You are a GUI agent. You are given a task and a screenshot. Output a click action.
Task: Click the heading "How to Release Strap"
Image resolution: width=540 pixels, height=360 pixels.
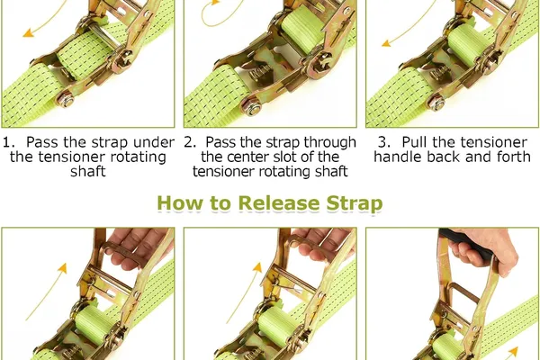[x=270, y=202]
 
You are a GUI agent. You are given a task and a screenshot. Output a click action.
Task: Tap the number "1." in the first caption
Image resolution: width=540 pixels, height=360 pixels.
[x=9, y=142]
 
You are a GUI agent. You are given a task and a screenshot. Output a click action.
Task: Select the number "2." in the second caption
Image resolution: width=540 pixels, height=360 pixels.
[x=190, y=142]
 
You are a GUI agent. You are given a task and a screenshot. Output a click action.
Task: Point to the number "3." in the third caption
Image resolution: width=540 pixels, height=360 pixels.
[x=384, y=142]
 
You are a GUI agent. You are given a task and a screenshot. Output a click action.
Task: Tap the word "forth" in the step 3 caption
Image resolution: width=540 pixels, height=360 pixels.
[x=514, y=157]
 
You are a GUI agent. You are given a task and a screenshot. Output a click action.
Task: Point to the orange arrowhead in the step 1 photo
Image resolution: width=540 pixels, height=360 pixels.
[x=28, y=33]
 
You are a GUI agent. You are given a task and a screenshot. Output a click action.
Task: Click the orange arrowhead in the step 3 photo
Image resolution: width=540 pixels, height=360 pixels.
[x=386, y=43]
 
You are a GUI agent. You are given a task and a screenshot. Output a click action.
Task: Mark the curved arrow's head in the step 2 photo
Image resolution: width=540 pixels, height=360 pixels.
[x=215, y=3]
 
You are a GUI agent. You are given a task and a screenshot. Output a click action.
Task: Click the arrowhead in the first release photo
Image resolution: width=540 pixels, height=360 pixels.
[x=62, y=267]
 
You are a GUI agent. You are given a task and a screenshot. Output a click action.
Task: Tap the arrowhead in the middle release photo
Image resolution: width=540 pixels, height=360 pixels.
[x=257, y=267]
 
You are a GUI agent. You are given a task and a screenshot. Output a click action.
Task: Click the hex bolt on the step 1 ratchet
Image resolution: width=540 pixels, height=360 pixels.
[x=66, y=100]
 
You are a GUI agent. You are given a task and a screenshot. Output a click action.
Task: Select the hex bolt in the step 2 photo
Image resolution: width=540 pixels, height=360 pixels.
[x=251, y=106]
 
